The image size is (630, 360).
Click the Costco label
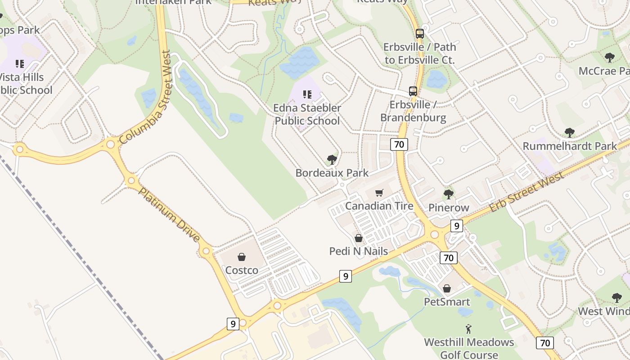point(242,270)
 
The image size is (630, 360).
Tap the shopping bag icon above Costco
point(242,257)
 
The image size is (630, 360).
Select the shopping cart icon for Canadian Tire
point(379,193)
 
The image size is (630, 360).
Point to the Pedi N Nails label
point(359,251)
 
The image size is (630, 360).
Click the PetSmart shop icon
point(447,288)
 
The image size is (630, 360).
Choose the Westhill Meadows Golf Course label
point(469,348)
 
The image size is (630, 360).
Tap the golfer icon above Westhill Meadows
point(468,329)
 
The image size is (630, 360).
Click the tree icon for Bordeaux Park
point(332,160)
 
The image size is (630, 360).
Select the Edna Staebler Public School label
point(307,114)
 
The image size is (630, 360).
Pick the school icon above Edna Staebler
point(307,94)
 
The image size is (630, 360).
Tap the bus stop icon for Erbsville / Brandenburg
point(413,91)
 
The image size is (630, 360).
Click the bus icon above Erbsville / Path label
point(420,34)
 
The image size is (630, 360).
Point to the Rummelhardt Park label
point(570,146)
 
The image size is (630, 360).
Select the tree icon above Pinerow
point(448,194)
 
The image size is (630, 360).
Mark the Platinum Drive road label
point(169,215)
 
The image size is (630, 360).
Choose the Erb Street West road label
point(526,192)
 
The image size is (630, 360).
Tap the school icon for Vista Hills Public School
point(20,64)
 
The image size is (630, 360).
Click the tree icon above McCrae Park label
point(610,58)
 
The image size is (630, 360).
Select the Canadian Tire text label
point(379,206)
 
